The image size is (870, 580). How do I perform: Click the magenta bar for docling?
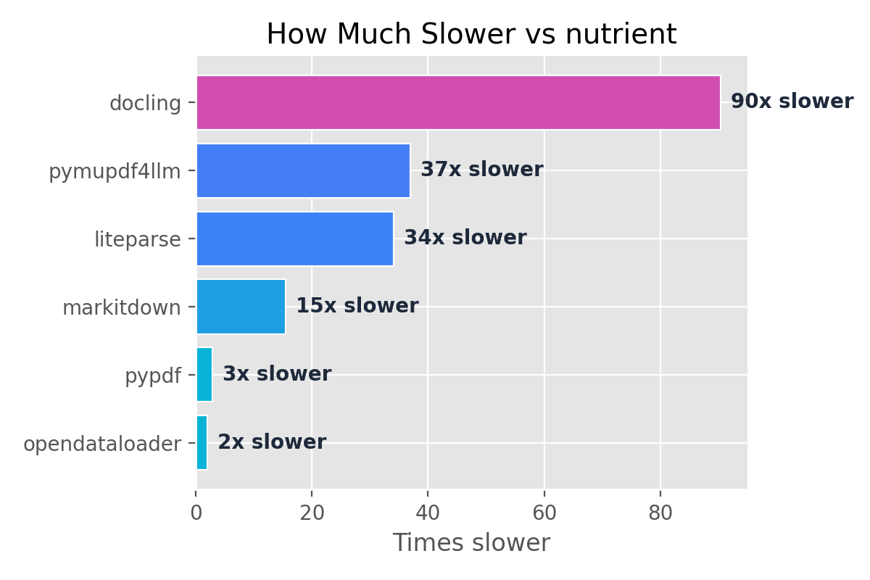(458, 102)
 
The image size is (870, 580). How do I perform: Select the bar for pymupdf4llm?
(303, 170)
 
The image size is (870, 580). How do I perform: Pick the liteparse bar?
(295, 239)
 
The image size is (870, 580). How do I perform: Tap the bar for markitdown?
(241, 306)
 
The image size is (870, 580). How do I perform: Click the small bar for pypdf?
(204, 374)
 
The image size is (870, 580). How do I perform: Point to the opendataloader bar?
(202, 442)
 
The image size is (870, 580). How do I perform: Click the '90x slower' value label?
(792, 101)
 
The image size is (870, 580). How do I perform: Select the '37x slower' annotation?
(481, 170)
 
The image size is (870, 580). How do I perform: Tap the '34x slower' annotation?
(465, 238)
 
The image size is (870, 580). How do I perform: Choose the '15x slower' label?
(357, 306)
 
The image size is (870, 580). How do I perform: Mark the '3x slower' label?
(276, 374)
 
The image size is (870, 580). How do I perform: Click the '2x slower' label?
(272, 442)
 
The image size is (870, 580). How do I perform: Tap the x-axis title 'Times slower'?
(471, 543)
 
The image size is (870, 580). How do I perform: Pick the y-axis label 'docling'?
(145, 104)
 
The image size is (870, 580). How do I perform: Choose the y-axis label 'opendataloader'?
(102, 444)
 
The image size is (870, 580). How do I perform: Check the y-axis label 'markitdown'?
(121, 308)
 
